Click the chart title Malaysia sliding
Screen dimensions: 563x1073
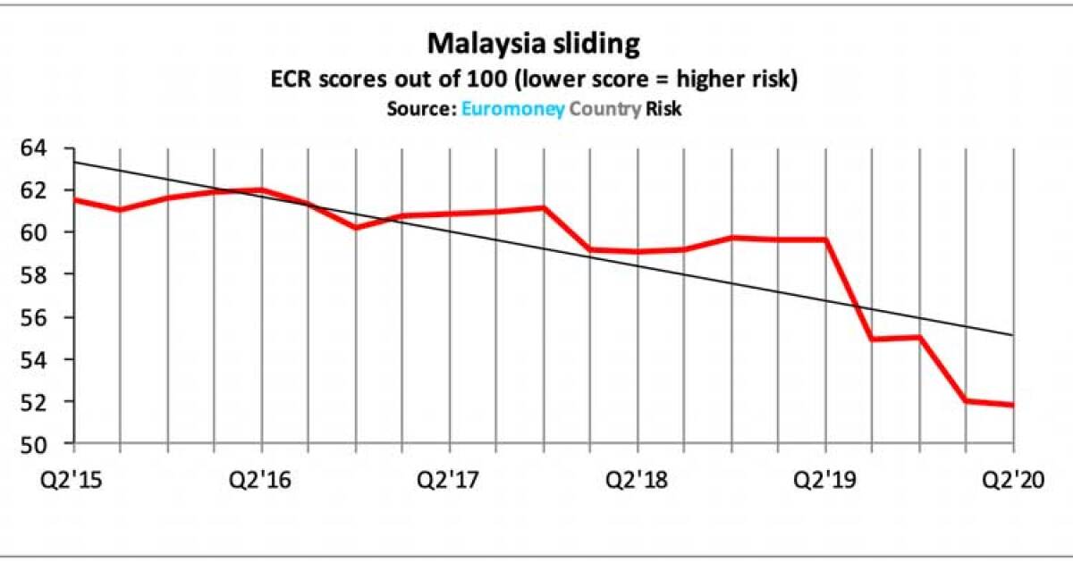[535, 45]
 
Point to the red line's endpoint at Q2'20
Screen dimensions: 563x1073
[1012, 405]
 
